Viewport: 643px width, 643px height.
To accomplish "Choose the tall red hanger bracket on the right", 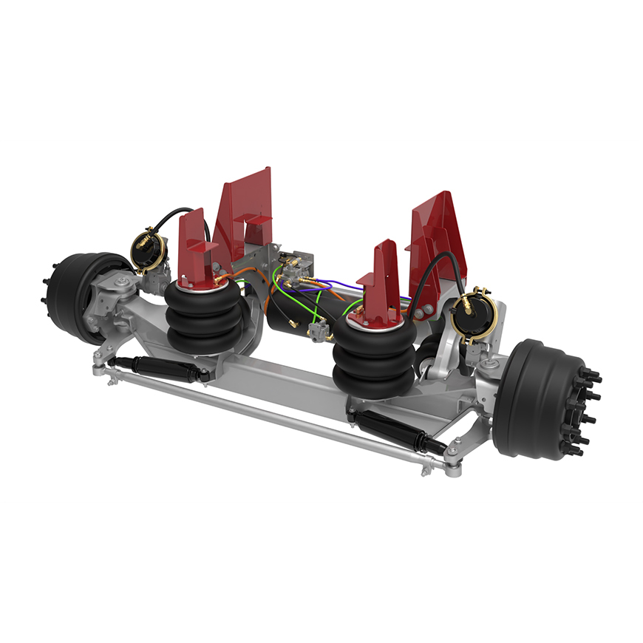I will tap(438, 237).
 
